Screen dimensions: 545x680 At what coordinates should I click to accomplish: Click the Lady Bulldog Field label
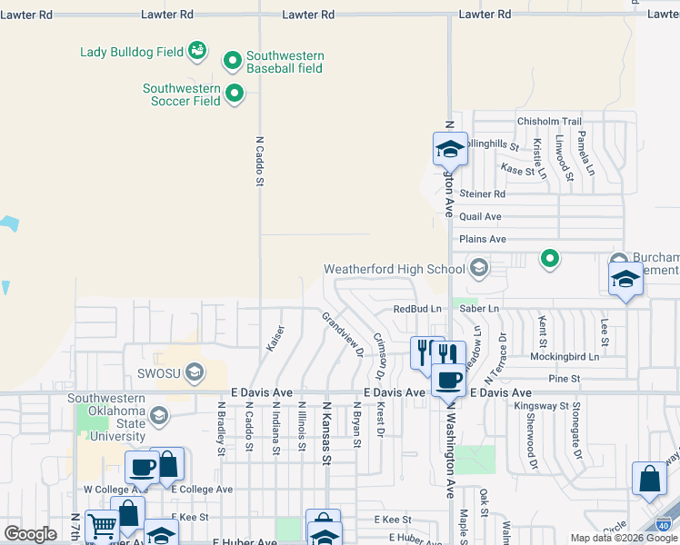(x=132, y=52)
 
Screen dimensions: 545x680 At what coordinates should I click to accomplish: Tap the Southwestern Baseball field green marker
(x=233, y=62)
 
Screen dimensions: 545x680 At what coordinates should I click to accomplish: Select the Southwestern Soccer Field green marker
(x=235, y=93)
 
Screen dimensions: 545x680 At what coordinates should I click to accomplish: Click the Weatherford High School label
(x=395, y=269)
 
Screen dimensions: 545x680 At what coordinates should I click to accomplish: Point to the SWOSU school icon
(x=194, y=372)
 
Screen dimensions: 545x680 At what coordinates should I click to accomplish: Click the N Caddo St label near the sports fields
(x=259, y=162)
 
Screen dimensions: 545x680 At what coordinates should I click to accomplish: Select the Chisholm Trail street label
(x=548, y=122)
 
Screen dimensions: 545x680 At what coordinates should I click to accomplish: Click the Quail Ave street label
(x=480, y=217)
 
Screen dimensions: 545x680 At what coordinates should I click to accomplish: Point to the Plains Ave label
(x=483, y=239)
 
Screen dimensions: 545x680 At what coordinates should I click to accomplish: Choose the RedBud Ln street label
(x=417, y=309)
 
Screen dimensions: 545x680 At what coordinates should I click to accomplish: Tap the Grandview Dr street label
(x=342, y=333)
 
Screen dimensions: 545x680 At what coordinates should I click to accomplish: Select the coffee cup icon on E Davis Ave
(x=448, y=381)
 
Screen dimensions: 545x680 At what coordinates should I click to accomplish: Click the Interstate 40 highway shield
(x=665, y=524)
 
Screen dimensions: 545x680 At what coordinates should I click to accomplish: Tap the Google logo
(x=30, y=534)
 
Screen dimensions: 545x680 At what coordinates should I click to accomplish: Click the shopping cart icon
(x=102, y=525)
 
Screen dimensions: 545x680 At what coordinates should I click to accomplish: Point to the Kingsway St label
(x=542, y=406)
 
